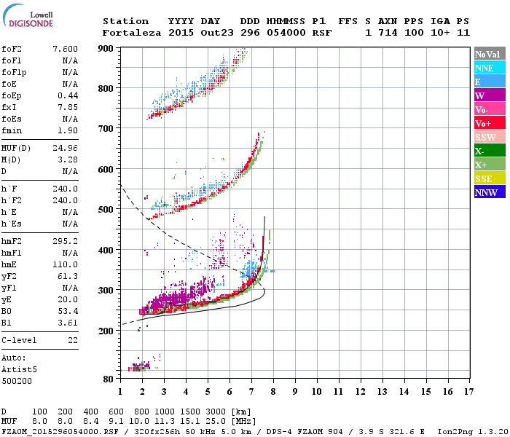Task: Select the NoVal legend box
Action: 488,54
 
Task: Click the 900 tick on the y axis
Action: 106,48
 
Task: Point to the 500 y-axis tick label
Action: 106,210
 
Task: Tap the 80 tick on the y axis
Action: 109,379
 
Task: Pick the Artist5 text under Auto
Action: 18,369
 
